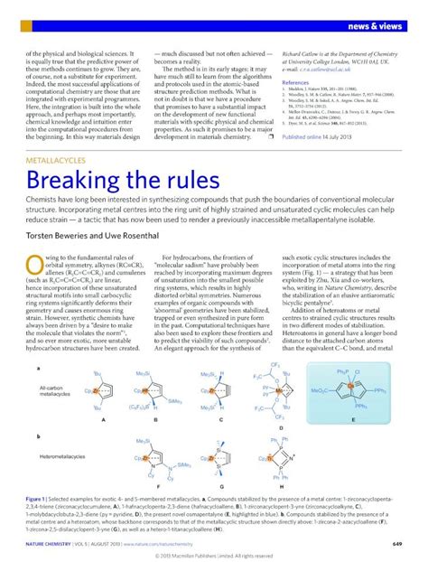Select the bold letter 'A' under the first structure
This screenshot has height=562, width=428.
pyautogui.click(x=106, y=420)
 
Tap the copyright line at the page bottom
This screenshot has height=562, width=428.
pyautogui.click(x=213, y=555)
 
